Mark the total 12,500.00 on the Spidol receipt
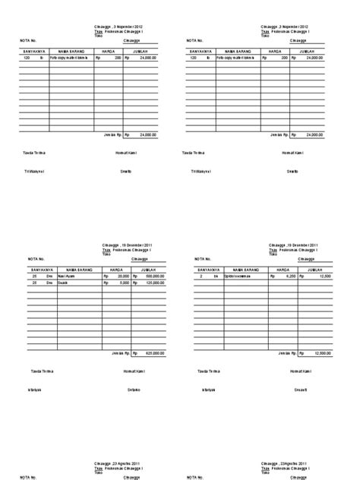[322, 353]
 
